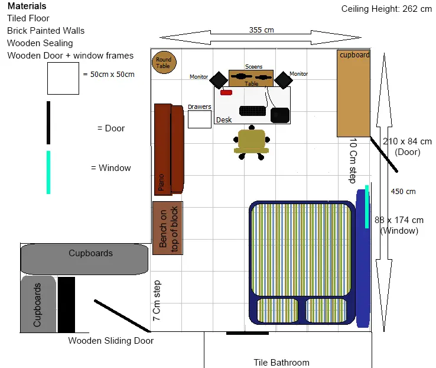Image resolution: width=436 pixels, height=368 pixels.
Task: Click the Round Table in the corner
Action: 164,62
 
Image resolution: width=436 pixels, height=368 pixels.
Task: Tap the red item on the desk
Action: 226,92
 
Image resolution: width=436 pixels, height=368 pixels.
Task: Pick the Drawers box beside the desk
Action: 200,119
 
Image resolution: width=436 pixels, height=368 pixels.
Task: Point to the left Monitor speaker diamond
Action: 219,79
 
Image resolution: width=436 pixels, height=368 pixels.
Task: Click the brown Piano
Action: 168,149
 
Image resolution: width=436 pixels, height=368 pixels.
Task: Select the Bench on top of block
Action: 167,228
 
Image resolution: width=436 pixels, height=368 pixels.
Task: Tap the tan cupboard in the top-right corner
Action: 353,93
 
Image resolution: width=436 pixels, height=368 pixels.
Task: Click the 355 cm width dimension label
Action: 261,30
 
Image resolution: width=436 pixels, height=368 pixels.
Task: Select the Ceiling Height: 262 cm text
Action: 387,9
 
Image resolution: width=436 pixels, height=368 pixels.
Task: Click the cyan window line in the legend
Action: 48,172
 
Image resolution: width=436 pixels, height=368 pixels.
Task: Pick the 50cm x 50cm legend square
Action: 63,79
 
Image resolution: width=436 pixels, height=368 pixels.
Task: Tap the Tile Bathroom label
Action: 281,363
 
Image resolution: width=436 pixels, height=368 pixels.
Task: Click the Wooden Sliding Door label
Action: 110,341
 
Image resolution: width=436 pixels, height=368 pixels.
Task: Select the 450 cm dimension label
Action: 403,192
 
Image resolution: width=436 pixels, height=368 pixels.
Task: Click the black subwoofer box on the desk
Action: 279,115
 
